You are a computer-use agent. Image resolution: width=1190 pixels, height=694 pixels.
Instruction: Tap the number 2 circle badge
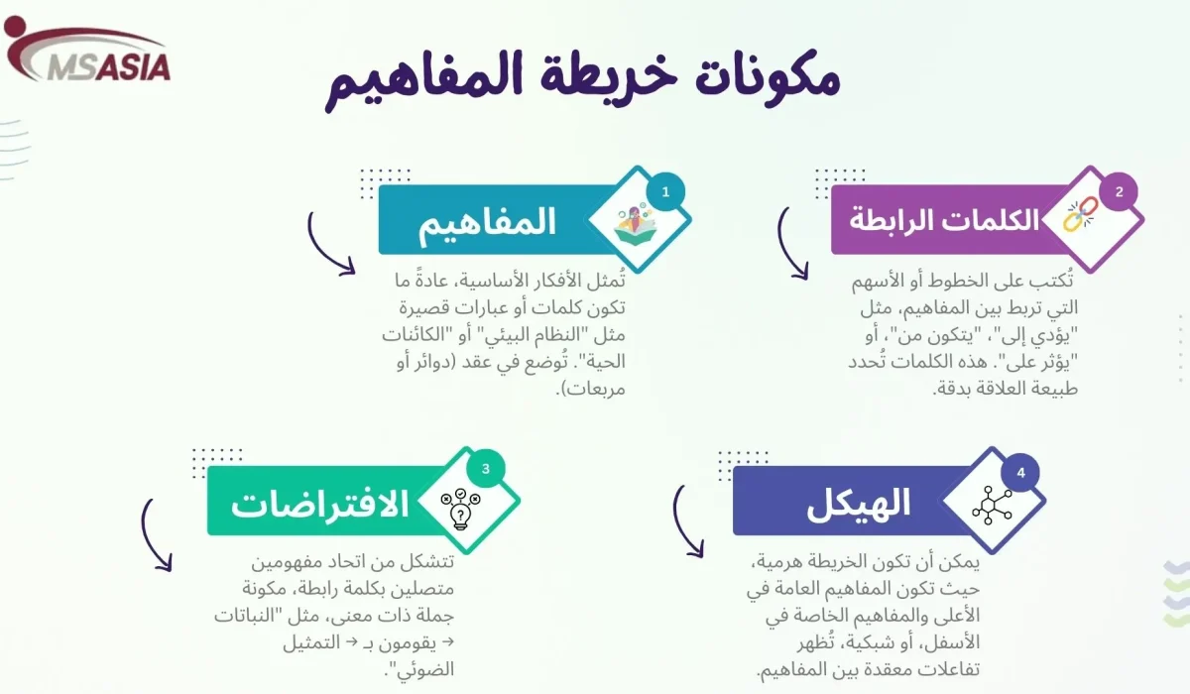click(1119, 191)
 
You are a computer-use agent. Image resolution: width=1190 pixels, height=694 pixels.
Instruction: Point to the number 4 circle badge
click(1020, 472)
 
